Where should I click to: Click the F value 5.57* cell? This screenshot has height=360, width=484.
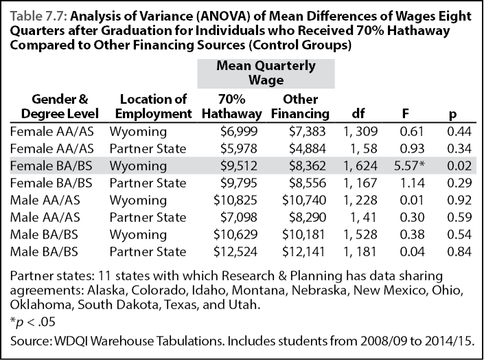tap(409, 166)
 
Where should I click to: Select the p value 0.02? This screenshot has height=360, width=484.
tap(459, 166)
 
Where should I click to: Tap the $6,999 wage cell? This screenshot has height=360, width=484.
tap(239, 132)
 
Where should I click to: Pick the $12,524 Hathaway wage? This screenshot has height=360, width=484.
tap(235, 251)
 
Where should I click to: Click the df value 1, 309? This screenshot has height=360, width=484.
tap(360, 132)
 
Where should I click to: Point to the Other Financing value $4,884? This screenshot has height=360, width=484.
tap(308, 149)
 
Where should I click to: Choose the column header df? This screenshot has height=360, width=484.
tap(358, 114)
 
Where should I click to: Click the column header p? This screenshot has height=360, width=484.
tap(452, 115)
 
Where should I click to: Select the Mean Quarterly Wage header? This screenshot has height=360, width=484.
tap(266, 73)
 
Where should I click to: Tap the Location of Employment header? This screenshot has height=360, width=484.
tap(153, 106)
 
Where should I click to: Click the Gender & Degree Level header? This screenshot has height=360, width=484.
tap(60, 106)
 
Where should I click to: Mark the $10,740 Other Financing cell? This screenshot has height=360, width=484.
tap(304, 200)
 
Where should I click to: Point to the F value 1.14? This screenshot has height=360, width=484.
tap(412, 183)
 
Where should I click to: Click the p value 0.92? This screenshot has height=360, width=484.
tap(459, 200)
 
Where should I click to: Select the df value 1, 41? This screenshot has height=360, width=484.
tap(363, 218)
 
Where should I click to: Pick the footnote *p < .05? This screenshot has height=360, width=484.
tap(33, 322)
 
